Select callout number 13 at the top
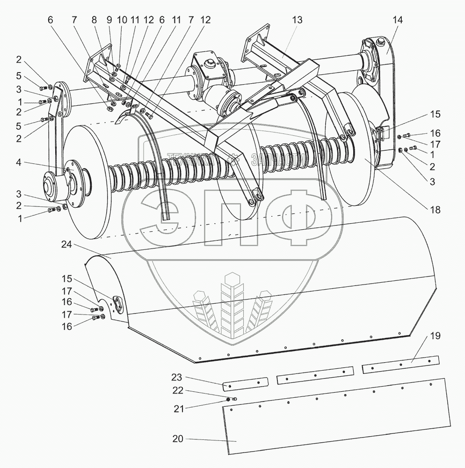(297, 20)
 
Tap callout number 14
(398, 20)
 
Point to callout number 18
(436, 210)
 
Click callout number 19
(436, 336)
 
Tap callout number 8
(94, 20)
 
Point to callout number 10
(122, 20)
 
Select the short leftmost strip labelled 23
(245, 383)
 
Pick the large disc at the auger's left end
(89, 183)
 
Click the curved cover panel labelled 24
(262, 290)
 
